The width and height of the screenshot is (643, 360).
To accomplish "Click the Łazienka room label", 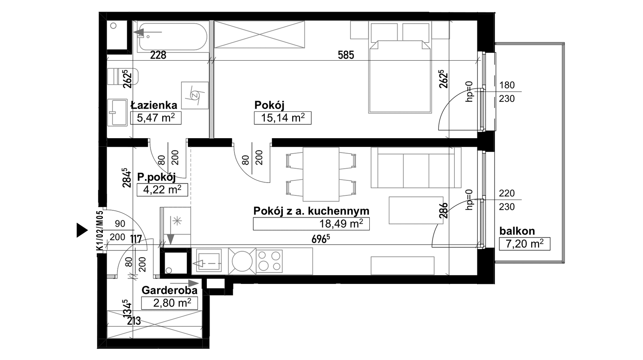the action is click(x=154, y=105).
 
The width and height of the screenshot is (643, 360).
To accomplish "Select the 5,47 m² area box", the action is click(x=156, y=118).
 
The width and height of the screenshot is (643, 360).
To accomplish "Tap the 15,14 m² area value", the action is click(x=283, y=118).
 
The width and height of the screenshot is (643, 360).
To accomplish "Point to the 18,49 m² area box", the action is click(x=311, y=224).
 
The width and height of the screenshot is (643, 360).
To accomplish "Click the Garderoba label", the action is click(x=169, y=290).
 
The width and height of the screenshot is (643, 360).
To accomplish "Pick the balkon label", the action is click(x=517, y=231).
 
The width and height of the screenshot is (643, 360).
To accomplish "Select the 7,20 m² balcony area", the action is click(x=524, y=244).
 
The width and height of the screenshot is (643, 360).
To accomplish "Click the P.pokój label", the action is click(x=156, y=177).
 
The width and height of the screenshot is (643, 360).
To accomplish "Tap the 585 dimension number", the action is click(x=346, y=55).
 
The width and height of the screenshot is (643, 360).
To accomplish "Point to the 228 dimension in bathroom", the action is click(x=158, y=55).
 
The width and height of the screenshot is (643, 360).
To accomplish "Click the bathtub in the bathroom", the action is click(x=173, y=37).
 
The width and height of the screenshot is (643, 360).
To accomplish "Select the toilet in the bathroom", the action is click(x=123, y=76).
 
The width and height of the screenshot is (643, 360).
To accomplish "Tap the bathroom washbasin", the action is click(x=117, y=112).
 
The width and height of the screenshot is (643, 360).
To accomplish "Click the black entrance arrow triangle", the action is click(x=82, y=230).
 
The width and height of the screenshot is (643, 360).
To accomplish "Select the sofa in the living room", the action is click(x=416, y=167).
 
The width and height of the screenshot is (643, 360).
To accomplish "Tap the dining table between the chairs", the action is click(x=321, y=174).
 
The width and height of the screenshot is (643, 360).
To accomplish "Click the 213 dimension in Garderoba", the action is click(x=134, y=321).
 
